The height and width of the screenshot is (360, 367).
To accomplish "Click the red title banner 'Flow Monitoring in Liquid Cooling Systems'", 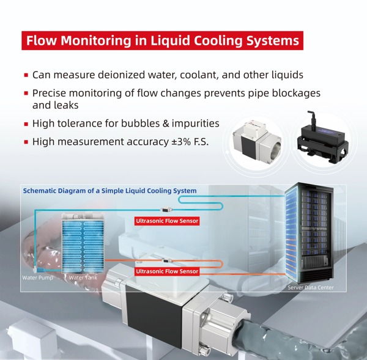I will pyautogui.click(x=161, y=41).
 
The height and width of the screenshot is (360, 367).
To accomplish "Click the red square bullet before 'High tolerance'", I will pyautogui.click(x=26, y=124).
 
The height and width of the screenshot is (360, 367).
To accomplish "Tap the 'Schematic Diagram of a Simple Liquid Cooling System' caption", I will pyautogui.click(x=110, y=191).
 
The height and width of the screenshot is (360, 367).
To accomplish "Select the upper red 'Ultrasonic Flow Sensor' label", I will pyautogui.click(x=167, y=221).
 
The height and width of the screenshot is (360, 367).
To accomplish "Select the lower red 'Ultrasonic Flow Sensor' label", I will pyautogui.click(x=167, y=271).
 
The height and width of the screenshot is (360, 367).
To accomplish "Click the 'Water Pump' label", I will pyautogui.click(x=37, y=278).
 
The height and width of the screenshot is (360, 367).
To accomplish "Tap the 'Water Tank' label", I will pyautogui.click(x=83, y=278).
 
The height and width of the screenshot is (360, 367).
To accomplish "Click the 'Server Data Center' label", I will pyautogui.click(x=311, y=287).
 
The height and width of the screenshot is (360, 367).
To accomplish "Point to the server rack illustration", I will pyautogui.click(x=310, y=232).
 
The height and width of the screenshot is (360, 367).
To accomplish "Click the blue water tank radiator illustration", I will pyautogui.click(x=83, y=244).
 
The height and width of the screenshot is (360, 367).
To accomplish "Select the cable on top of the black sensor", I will pyautogui.click(x=309, y=119).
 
